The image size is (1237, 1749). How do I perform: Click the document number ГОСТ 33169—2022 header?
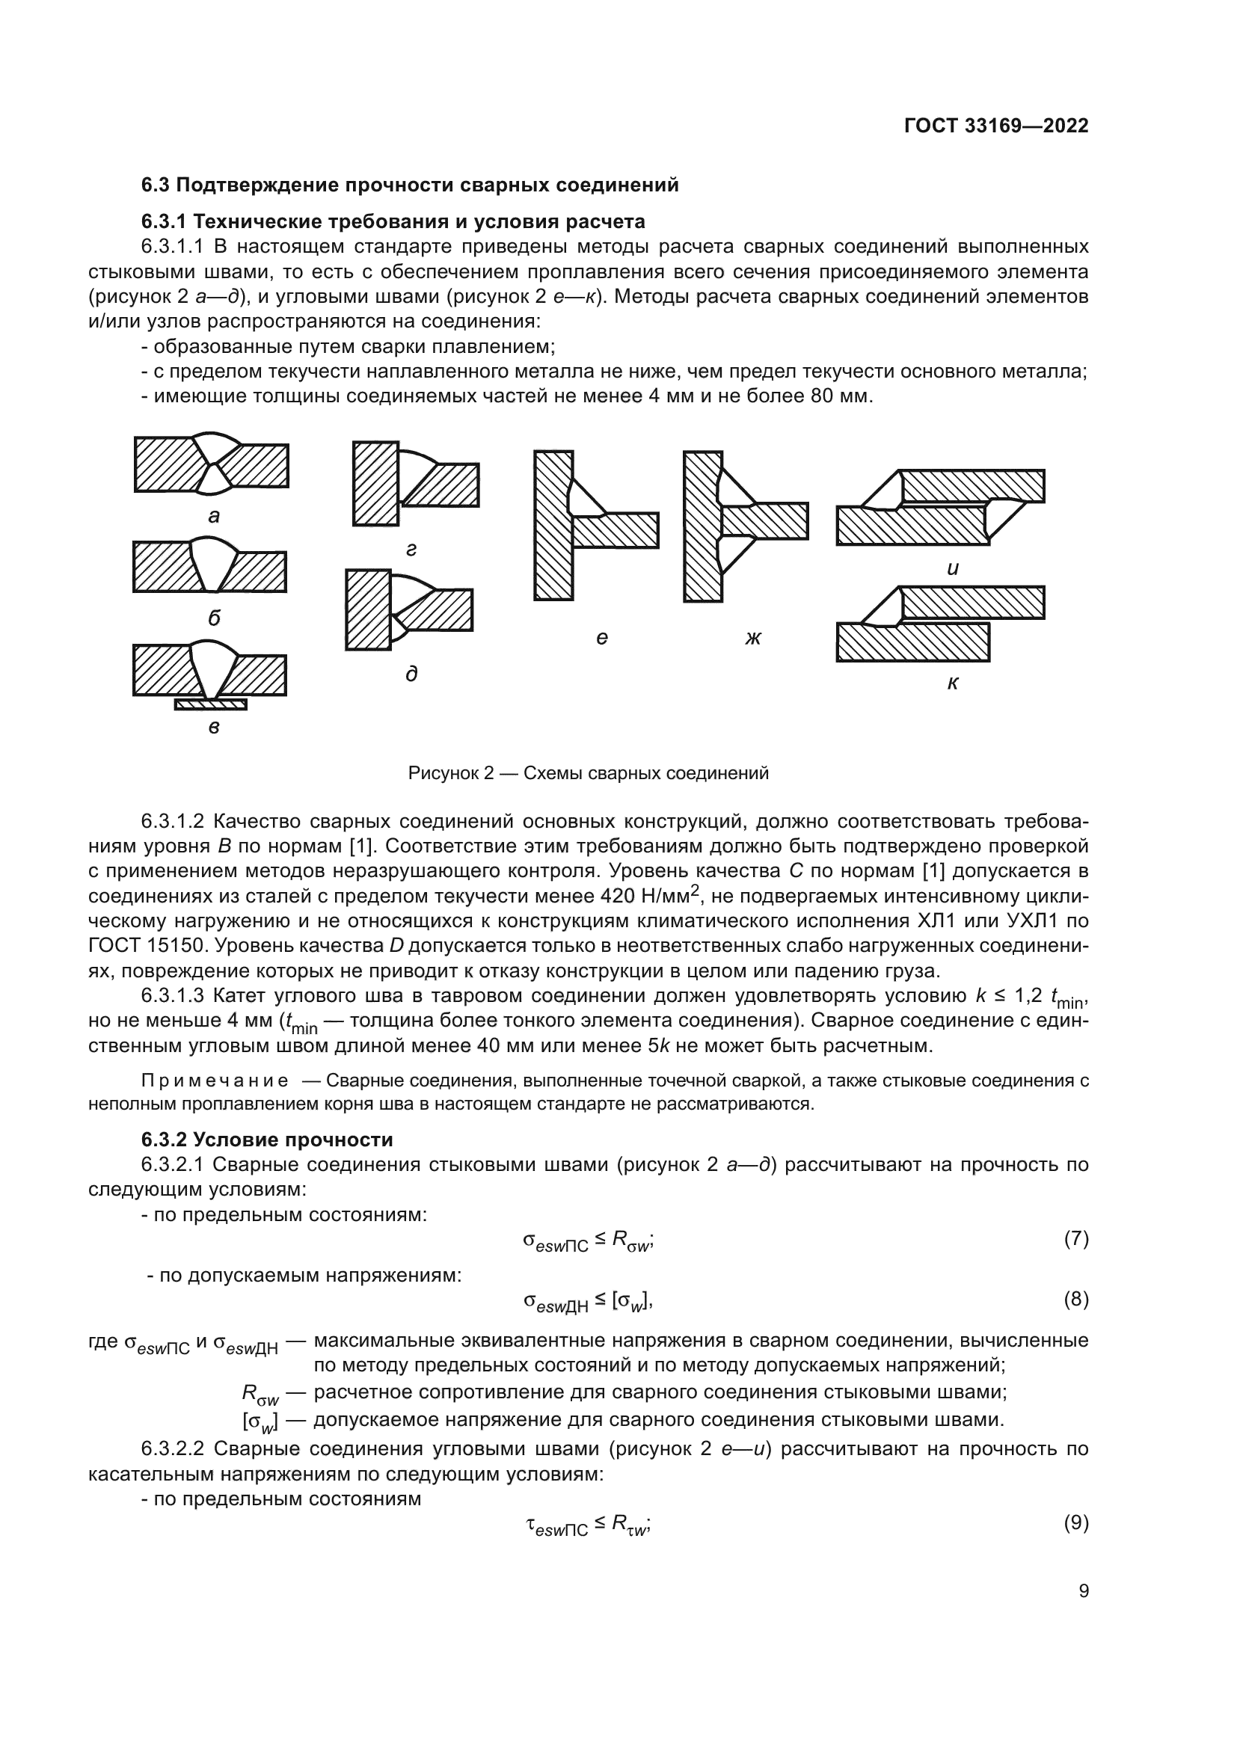tap(996, 126)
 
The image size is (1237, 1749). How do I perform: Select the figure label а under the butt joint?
tap(214, 517)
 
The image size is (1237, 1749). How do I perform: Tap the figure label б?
tap(214, 618)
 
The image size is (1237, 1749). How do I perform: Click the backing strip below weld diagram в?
tap(211, 704)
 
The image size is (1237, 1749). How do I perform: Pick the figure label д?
tap(411, 674)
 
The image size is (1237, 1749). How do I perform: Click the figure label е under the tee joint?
tap(602, 638)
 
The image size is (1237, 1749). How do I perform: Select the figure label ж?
tap(752, 638)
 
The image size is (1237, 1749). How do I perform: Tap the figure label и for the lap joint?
tap(952, 568)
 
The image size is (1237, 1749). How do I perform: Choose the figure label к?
tap(952, 683)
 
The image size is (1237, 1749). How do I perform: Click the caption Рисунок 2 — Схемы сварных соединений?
tap(588, 773)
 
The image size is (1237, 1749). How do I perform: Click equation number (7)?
tap(1075, 1238)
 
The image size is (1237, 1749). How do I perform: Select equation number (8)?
tap(1075, 1299)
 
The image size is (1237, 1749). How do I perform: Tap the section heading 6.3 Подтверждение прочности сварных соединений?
tap(410, 185)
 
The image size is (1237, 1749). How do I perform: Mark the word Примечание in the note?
tap(215, 1081)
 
